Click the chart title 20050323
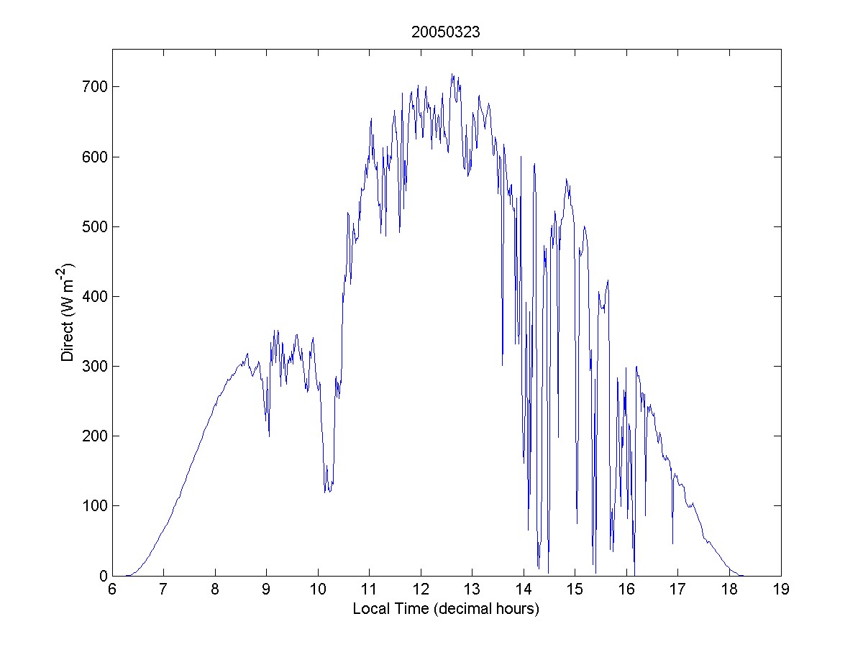(446, 32)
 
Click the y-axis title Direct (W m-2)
(68, 312)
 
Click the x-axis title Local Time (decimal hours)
(446, 609)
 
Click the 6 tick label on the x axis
(112, 590)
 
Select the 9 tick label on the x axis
(266, 590)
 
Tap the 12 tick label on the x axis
(420, 590)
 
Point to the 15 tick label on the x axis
(575, 590)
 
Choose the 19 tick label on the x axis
(780, 590)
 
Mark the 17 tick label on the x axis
(677, 590)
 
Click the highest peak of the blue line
(452, 74)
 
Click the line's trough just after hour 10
(326, 492)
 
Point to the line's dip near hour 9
(269, 436)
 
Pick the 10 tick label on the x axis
(317, 590)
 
